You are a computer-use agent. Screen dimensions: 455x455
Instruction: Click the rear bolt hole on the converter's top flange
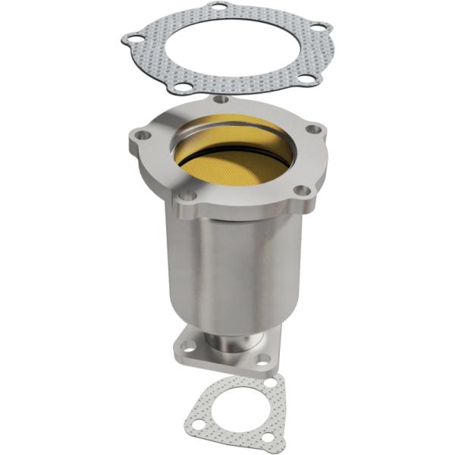coord(221,99)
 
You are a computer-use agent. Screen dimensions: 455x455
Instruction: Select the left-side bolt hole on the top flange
coord(140,137)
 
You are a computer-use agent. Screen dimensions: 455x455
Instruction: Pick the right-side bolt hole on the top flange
coord(312,128)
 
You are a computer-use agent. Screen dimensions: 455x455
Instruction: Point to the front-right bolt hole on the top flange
coord(301,190)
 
